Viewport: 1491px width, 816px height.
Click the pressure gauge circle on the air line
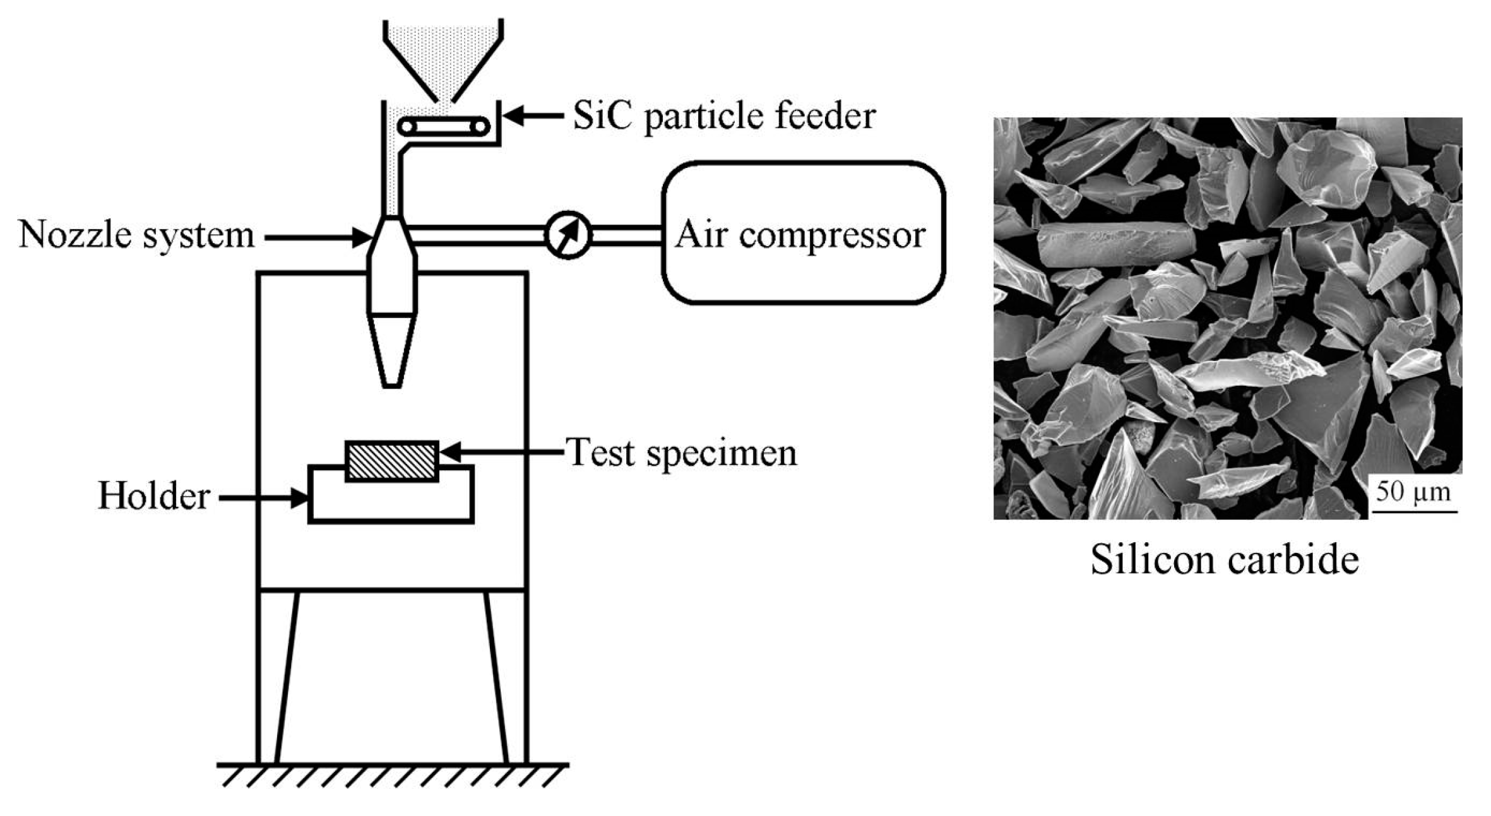pos(567,235)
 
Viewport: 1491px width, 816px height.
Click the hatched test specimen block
pos(391,461)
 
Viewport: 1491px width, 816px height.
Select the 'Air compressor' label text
pos(800,235)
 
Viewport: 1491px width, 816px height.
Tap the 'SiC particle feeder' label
pos(723,116)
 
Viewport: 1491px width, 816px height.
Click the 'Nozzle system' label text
pos(136,235)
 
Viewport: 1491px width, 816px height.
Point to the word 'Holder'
pos(153,496)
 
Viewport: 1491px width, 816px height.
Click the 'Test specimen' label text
pos(682,452)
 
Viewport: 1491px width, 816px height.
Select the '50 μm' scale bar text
pos(1413,492)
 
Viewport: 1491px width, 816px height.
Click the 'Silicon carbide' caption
pos(1224,559)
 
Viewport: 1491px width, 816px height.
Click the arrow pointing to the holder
pos(262,499)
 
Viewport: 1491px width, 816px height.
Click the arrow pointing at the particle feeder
pos(534,116)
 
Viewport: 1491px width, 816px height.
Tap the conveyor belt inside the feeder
pos(444,127)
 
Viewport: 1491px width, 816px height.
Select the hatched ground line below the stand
pos(392,774)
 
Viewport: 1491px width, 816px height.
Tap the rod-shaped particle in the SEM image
pos(1115,244)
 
